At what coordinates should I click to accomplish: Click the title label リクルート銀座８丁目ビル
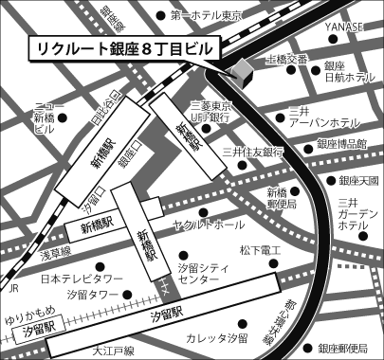click(x=123, y=46)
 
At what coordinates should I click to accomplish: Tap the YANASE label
click(x=344, y=27)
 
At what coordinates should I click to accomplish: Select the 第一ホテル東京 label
click(x=206, y=15)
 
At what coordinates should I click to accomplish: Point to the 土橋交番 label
click(x=285, y=60)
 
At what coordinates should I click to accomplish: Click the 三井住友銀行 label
click(x=254, y=152)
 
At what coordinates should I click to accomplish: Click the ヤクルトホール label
click(x=210, y=225)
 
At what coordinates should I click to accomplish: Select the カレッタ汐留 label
click(x=218, y=338)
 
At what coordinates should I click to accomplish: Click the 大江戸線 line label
click(x=116, y=351)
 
